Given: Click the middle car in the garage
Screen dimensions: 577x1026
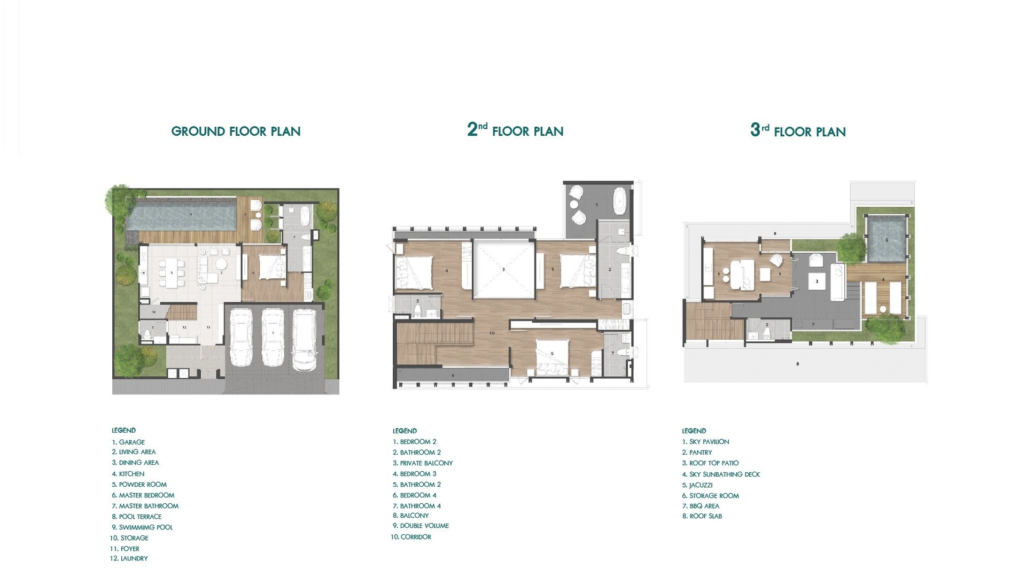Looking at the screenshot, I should tap(273, 338).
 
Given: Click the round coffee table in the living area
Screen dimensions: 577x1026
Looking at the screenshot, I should tap(221, 264).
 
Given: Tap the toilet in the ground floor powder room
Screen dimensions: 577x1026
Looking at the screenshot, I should tap(147, 334).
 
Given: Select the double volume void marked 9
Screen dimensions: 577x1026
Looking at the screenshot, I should tap(503, 270).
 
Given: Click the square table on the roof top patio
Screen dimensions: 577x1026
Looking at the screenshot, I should tap(817, 281).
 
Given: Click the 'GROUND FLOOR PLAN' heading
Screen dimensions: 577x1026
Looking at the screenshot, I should tap(236, 131).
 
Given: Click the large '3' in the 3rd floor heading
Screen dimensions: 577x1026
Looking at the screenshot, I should tap(755, 130).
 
